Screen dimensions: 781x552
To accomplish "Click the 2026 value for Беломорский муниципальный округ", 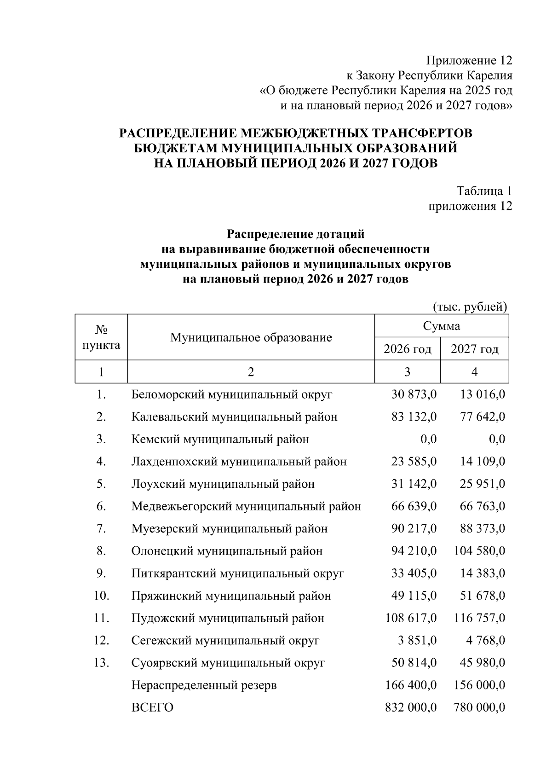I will [x=414, y=394].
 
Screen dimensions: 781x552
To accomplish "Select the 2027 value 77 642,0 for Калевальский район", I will [x=483, y=417].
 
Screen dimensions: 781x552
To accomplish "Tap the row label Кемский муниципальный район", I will [x=220, y=440].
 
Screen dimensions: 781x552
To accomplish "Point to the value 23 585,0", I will [x=414, y=462].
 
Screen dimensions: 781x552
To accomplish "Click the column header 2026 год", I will [x=407, y=349].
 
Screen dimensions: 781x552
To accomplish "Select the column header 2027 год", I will [x=474, y=349].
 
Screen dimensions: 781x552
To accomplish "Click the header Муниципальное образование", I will [x=251, y=338].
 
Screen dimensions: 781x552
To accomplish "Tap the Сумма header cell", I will [x=442, y=326].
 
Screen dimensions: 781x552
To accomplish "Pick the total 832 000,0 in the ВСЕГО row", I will [x=411, y=707].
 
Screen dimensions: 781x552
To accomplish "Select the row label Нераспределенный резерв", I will [x=204, y=685].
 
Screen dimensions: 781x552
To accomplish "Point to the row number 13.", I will [x=101, y=663].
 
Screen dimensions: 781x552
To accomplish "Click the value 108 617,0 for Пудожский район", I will [x=411, y=618].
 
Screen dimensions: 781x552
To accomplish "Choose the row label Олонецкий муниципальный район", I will [x=227, y=551].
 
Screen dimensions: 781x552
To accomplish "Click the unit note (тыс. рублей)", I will [x=470, y=307].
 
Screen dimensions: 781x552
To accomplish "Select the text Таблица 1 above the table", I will [x=484, y=191].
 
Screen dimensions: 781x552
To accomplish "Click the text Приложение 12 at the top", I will [x=469, y=61].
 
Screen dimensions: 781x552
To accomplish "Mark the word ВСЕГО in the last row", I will [x=152, y=708].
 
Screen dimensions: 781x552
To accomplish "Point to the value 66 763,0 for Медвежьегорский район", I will [x=483, y=507].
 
